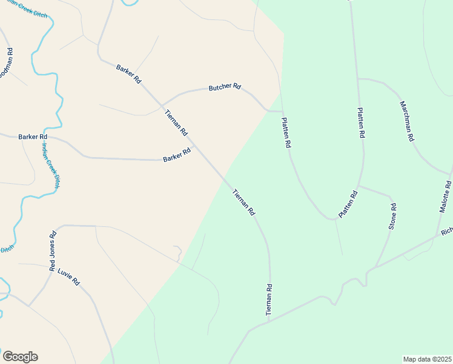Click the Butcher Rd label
click(x=225, y=87)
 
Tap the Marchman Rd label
click(x=406, y=121)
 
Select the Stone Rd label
click(x=392, y=216)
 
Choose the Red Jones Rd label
click(x=52, y=251)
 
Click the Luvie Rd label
click(x=68, y=277)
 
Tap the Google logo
click(x=20, y=357)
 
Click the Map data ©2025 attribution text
click(x=427, y=359)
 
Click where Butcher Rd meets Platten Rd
click(x=282, y=112)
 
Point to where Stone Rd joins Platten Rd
click(x=359, y=186)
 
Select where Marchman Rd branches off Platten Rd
click(x=358, y=79)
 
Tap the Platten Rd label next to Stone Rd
click(x=348, y=204)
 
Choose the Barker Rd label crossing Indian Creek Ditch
click(x=33, y=137)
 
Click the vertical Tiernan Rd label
click(x=269, y=299)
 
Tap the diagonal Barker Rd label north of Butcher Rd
click(x=128, y=72)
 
